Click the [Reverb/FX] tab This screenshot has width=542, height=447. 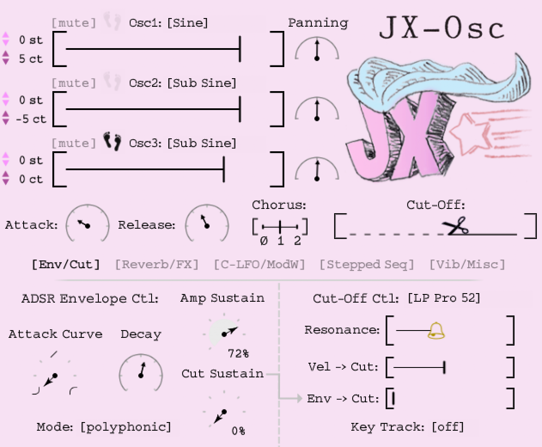[x=157, y=264]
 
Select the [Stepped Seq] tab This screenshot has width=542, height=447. [x=366, y=264]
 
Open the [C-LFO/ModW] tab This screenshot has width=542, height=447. [x=259, y=264]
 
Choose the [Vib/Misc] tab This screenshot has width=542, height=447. [x=467, y=264]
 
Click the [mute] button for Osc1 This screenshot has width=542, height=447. [x=73, y=23]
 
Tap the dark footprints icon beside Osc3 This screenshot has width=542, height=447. [x=112, y=141]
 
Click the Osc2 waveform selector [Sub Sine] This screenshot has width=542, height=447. [x=202, y=83]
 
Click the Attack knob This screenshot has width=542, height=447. [x=87, y=225]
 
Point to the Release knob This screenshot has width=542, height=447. [x=207, y=225]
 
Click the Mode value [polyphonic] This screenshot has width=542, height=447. [x=126, y=427]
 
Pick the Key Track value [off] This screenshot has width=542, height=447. [x=448, y=427]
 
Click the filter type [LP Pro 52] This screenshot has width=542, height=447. [x=444, y=298]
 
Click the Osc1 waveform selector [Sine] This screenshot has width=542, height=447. [x=188, y=23]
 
